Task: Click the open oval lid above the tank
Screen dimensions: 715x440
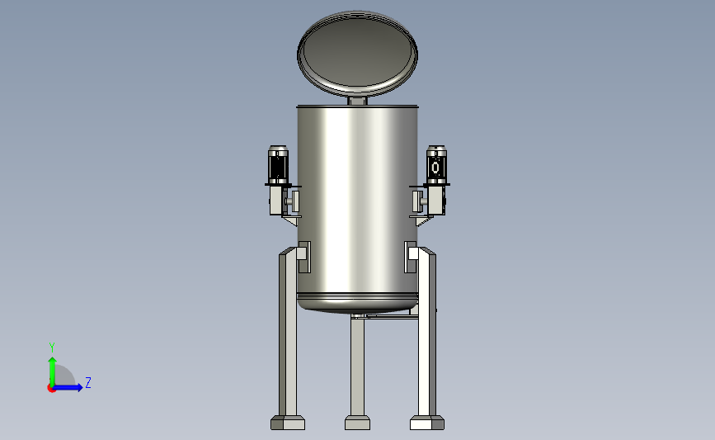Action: click(x=357, y=54)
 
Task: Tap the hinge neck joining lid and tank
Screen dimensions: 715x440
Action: click(x=358, y=101)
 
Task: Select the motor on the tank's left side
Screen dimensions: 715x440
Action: click(x=278, y=165)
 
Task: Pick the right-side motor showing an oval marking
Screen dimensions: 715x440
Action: click(x=436, y=165)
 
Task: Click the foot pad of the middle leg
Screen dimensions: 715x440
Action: click(x=358, y=423)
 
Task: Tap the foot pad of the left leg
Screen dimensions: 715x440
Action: click(x=288, y=423)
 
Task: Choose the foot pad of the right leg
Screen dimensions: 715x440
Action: click(x=427, y=423)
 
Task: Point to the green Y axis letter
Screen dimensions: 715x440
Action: click(x=52, y=348)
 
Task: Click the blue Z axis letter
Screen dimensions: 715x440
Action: click(x=88, y=382)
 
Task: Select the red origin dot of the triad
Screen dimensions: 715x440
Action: click(x=51, y=389)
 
